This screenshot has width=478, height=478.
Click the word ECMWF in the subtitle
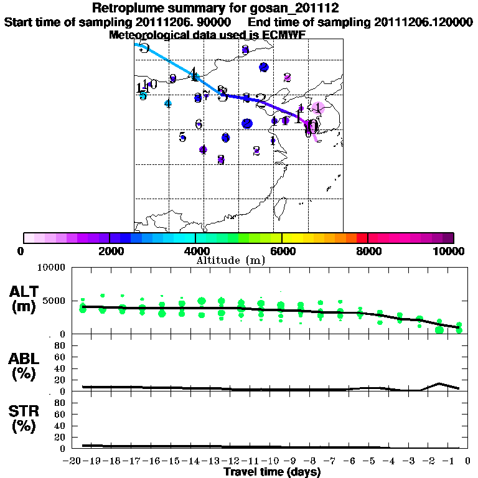[x=285, y=35]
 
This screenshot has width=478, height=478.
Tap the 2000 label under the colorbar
[x=109, y=251]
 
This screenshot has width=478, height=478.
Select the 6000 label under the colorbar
[x=282, y=251]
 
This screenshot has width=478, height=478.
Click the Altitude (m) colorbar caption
[x=230, y=260]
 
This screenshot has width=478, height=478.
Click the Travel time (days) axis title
[x=272, y=472]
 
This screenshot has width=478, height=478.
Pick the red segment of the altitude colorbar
[x=362, y=238]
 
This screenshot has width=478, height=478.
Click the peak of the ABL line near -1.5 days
[x=439, y=383]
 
